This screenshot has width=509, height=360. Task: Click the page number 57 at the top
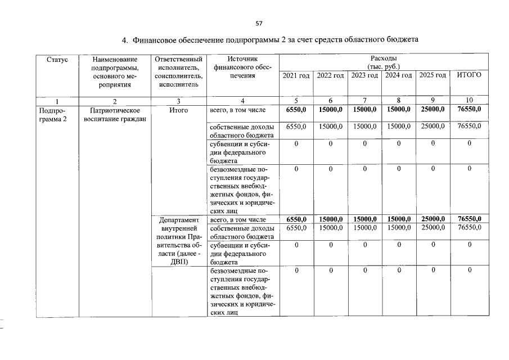259,23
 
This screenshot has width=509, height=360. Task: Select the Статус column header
57,58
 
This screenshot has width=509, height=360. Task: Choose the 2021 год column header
296,75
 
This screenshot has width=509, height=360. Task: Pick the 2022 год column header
330,75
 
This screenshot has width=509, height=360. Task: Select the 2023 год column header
365,75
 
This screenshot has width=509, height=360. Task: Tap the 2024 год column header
399,75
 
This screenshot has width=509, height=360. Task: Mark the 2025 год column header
433,75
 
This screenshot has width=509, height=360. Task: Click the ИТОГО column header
469,75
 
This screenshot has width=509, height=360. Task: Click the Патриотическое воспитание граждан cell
114,115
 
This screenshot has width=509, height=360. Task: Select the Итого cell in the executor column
178,111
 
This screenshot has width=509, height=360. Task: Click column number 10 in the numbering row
469,101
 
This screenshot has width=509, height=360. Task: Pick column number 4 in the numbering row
242,101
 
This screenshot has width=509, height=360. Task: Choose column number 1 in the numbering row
57,101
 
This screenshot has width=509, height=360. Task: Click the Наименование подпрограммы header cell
114,71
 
